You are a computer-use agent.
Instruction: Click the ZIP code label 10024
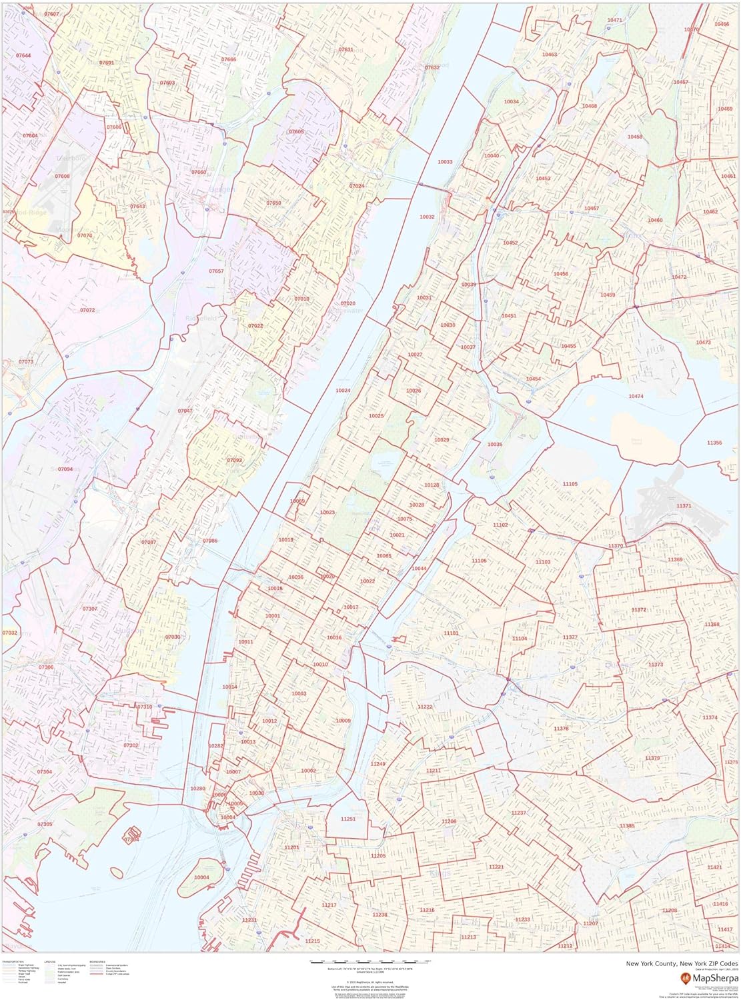(x=343, y=391)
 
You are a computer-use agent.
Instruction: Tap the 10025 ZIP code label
(x=376, y=416)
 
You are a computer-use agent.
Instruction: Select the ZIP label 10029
(x=442, y=440)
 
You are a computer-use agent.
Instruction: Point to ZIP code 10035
(x=494, y=445)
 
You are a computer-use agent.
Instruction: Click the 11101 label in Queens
(x=452, y=633)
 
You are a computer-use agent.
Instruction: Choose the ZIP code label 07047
(x=185, y=411)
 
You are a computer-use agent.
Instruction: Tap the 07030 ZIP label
(x=173, y=637)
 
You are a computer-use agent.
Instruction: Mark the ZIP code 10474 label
(x=636, y=397)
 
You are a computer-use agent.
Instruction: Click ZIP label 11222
(x=425, y=707)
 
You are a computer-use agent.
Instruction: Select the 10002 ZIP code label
(x=308, y=771)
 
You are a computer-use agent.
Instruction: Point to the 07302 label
(x=131, y=745)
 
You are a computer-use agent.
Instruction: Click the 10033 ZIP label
(x=445, y=162)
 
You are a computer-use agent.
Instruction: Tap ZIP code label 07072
(x=87, y=310)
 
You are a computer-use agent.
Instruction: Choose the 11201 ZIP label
(x=291, y=847)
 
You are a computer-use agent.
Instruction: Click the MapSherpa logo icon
(x=684, y=978)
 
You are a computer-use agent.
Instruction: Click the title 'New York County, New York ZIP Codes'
(x=681, y=963)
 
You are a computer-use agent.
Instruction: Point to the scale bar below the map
(x=371, y=962)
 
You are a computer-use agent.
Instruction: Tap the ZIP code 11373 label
(x=656, y=665)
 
